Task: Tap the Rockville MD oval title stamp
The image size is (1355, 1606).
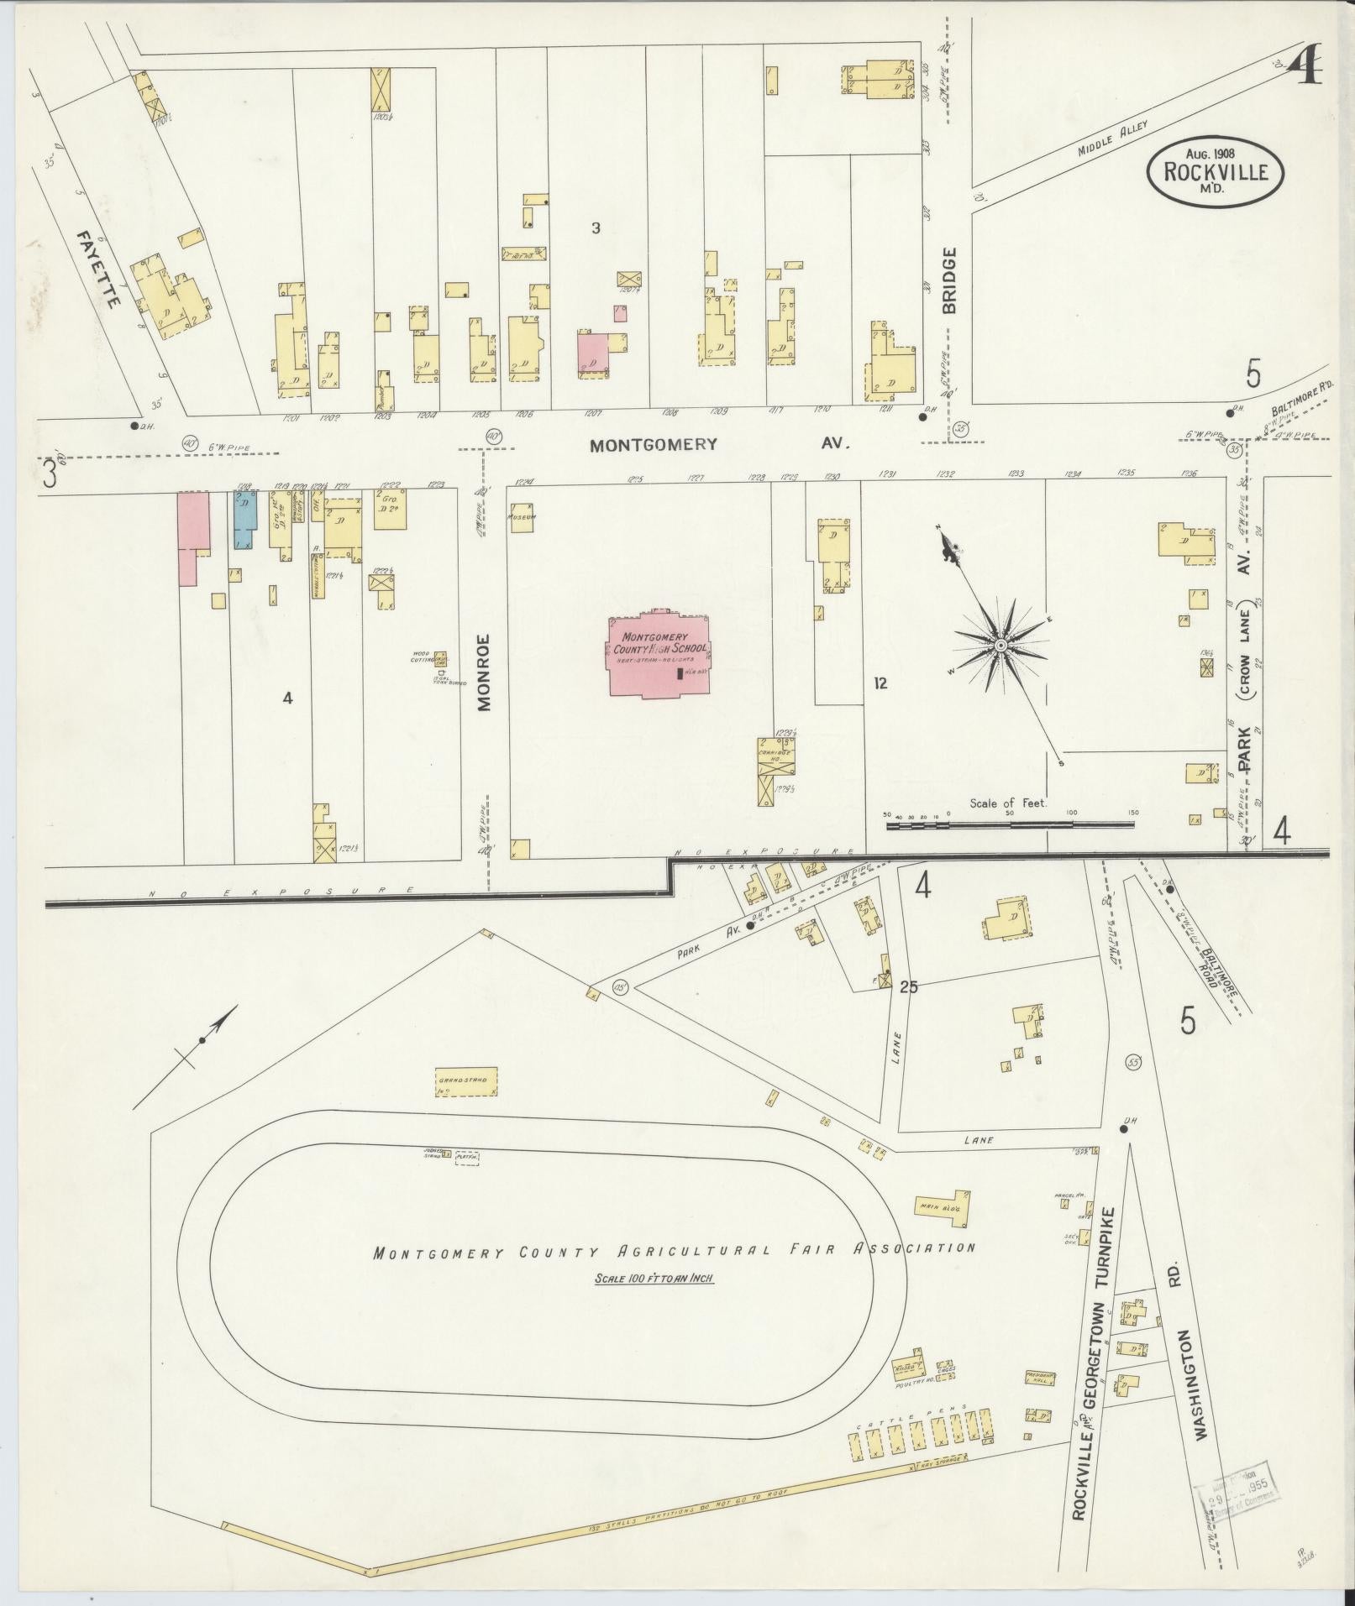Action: click(1216, 171)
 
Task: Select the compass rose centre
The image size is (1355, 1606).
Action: click(1000, 645)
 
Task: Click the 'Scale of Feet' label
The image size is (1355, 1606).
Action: click(1008, 803)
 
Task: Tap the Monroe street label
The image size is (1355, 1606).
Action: click(484, 672)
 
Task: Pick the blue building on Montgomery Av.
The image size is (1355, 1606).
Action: click(244, 521)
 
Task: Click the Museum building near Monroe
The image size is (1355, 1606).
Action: click(522, 516)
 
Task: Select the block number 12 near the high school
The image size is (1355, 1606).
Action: click(880, 683)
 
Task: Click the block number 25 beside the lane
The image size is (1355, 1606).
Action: click(907, 987)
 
